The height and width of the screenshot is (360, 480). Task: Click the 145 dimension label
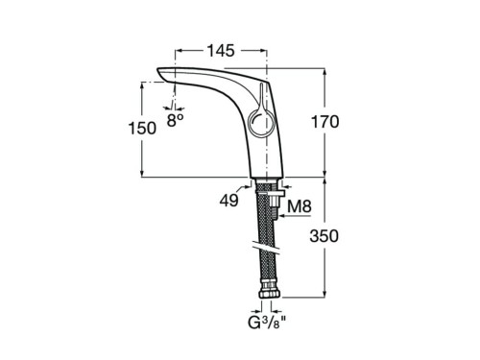click(x=221, y=51)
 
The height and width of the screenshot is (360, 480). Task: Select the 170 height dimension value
click(x=324, y=122)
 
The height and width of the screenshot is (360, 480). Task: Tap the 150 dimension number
click(x=142, y=129)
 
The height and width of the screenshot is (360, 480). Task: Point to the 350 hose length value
click(x=324, y=236)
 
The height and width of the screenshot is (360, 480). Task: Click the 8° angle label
click(x=175, y=120)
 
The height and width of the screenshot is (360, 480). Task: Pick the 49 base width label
click(x=228, y=201)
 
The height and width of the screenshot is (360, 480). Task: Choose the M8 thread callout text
click(x=300, y=206)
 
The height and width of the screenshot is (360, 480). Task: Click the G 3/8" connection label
click(x=267, y=323)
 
